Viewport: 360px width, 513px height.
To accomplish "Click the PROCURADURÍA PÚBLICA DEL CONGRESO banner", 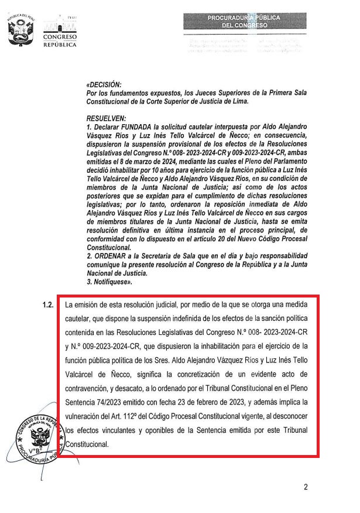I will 244,22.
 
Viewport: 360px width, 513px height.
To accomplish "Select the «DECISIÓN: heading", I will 104,85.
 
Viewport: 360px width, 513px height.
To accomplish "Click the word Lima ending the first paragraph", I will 241,101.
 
